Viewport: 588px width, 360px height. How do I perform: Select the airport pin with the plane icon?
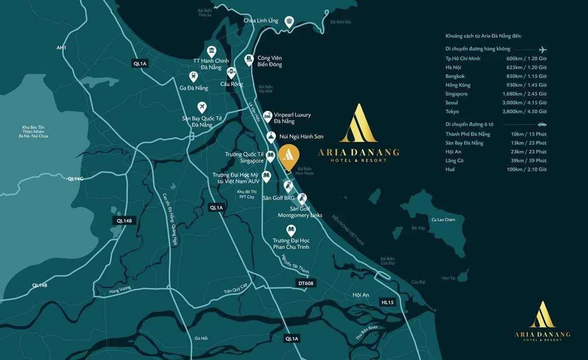click(201, 107)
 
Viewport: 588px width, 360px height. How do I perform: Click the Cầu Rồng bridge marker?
click(231, 72)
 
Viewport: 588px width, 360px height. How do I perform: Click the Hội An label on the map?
click(360, 295)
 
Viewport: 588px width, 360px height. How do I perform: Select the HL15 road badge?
click(387, 303)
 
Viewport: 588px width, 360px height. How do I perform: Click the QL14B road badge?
click(124, 220)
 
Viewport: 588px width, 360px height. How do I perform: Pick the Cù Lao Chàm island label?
click(443, 220)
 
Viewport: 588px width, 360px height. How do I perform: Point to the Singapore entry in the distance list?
click(456, 94)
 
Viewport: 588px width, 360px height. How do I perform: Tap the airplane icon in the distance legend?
click(542, 49)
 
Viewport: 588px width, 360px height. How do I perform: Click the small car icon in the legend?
click(542, 124)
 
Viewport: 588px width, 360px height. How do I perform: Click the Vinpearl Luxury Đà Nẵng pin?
click(267, 116)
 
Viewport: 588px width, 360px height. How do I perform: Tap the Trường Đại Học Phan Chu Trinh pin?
click(291, 230)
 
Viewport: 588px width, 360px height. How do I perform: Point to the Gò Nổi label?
click(201, 338)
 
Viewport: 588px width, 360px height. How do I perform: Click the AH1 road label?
click(61, 48)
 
